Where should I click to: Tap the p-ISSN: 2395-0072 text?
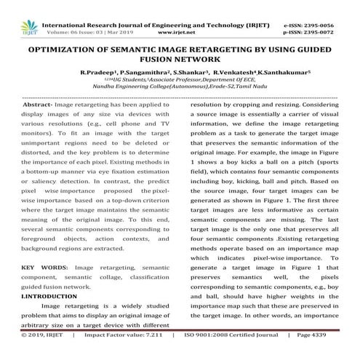315,14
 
